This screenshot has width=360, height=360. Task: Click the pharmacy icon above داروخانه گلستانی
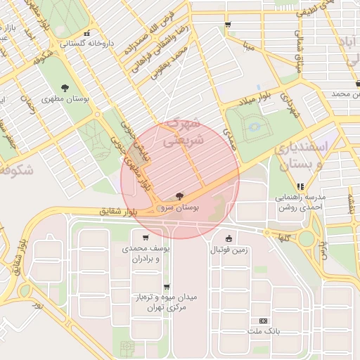click(x=86, y=33)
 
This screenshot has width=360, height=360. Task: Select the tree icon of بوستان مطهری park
click(x=65, y=88)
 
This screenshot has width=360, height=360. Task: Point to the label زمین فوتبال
click(x=229, y=250)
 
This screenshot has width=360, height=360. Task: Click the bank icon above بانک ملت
click(x=264, y=320)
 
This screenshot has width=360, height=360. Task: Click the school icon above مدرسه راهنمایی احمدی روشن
click(x=300, y=186)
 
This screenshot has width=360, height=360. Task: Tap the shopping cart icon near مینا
click(x=227, y=25)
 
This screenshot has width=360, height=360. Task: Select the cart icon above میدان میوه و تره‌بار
click(x=166, y=287)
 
